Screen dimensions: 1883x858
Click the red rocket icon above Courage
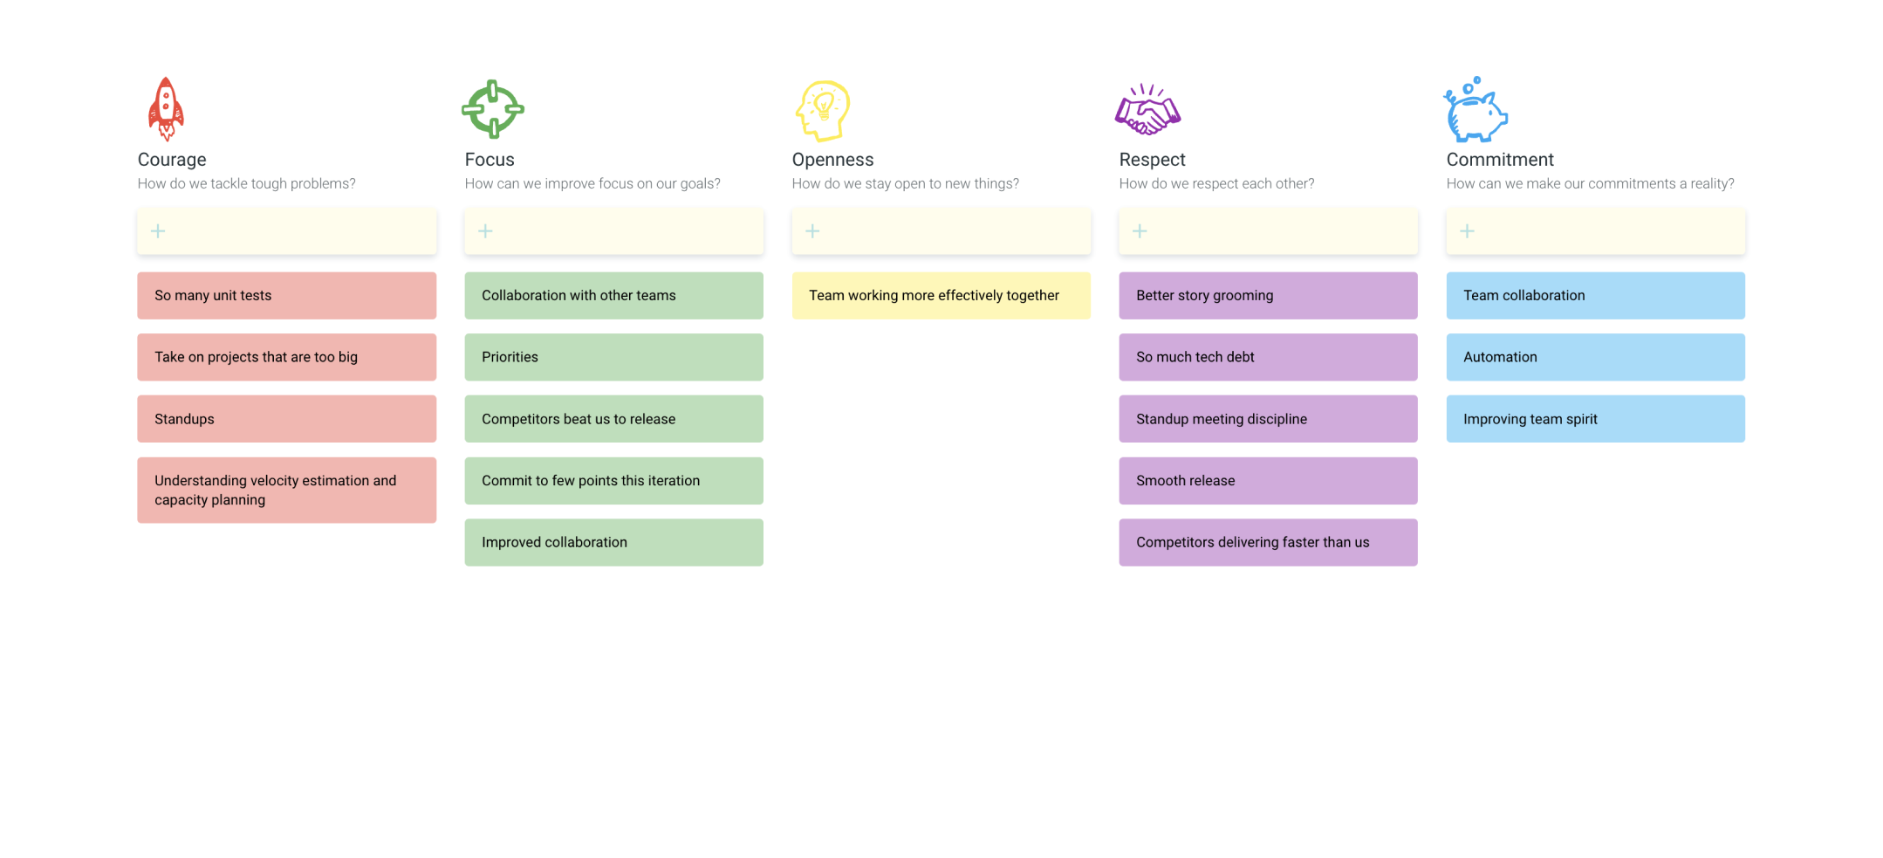pos(166,109)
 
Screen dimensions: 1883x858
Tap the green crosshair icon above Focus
pos(493,109)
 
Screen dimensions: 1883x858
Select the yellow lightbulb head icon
pos(823,111)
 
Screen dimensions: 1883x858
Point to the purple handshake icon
pos(1147,110)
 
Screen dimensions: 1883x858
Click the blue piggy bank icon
pos(1475,110)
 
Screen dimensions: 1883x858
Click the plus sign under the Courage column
pos(158,231)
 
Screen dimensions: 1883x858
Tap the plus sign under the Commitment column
pos(1468,231)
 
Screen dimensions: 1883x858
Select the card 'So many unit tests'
pos(286,296)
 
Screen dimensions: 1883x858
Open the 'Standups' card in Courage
pos(286,419)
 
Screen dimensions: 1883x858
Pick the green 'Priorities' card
pos(613,357)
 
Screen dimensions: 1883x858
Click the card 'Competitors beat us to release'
pos(613,419)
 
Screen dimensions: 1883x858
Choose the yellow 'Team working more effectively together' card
pos(941,296)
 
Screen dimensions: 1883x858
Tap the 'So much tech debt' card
pos(1268,357)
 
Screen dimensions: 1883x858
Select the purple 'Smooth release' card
pos(1268,481)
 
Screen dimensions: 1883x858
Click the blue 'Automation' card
pos(1595,357)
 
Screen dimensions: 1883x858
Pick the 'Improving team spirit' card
pos(1595,419)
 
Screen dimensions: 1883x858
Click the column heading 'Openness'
pos(832,160)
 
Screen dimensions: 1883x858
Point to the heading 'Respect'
pos(1152,160)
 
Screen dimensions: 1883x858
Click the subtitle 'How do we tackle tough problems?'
pos(246,184)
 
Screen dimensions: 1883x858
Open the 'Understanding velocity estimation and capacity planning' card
pos(286,491)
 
